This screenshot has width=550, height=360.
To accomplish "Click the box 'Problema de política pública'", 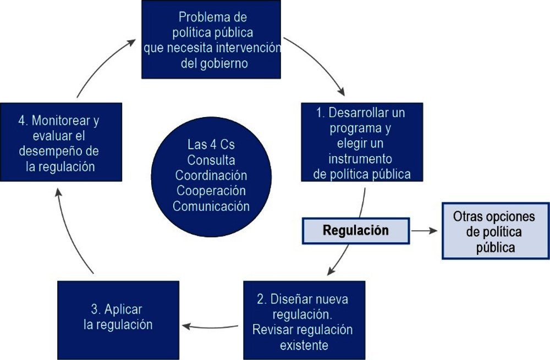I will pos(211,40).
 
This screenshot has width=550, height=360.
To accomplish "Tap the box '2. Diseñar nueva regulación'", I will pos(304,320).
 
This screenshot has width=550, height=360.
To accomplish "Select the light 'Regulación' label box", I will pos(356,230).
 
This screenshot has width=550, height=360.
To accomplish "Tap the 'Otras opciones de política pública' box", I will pos(496,231).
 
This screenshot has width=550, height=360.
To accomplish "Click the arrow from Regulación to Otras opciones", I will pos(425,231).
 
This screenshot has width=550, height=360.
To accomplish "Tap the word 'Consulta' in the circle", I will pos(211,160).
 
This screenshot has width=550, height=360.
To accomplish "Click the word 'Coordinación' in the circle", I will pos(211,176).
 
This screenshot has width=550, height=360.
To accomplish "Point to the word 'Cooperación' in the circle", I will pos(211,191).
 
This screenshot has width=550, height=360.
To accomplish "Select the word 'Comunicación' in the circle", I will pos(211,207).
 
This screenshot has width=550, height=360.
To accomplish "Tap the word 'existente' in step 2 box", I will pos(304,345).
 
